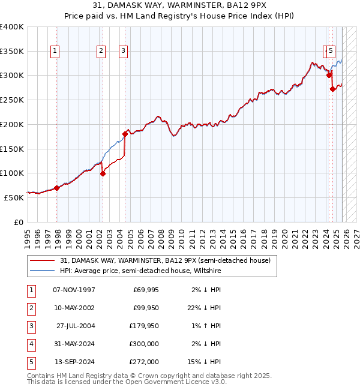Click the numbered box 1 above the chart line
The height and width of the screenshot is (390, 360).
[55, 51]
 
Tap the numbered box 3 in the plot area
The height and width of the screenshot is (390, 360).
[122, 51]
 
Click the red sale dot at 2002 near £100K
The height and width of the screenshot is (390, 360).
[103, 174]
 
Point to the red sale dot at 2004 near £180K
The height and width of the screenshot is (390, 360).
[125, 134]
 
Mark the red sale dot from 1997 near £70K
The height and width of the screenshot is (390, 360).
[57, 188]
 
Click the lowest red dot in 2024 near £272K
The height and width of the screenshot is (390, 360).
[332, 89]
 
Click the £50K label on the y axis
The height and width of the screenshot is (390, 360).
[14, 197]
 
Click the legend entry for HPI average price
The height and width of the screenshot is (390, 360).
[140, 271]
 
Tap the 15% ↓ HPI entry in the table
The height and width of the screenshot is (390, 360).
[206, 362]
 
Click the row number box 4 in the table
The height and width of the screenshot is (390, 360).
[31, 344]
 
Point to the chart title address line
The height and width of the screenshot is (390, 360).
[179, 6]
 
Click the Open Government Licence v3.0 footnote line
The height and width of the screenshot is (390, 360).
[127, 382]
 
